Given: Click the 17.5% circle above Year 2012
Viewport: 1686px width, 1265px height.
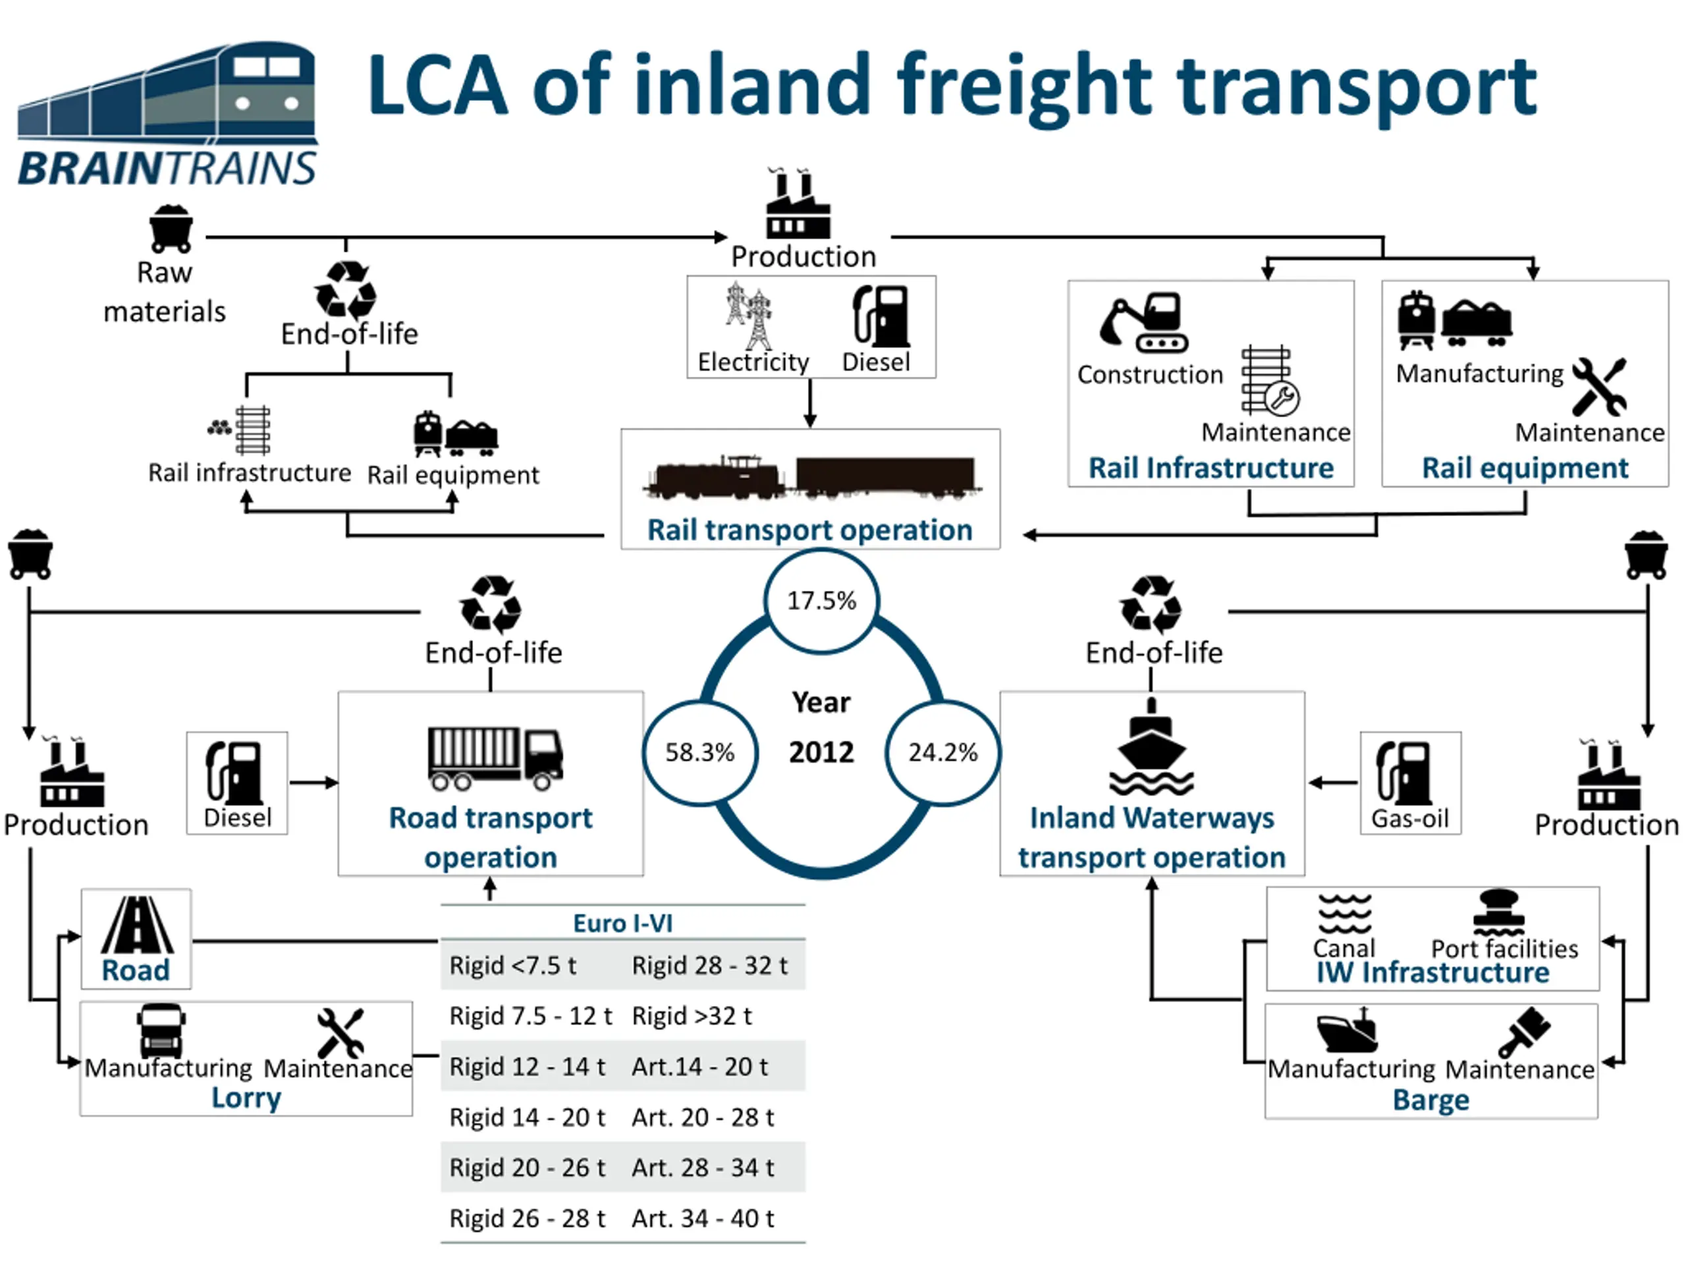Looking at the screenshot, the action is pos(822,601).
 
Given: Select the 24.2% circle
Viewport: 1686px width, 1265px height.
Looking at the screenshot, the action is pos(943,752).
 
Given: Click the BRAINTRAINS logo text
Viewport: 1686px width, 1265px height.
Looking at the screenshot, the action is pos(167,169).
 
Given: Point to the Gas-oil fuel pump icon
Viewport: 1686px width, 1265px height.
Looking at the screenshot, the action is pos(1403,773).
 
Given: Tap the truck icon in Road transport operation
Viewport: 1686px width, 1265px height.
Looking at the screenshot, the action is pos(495,758).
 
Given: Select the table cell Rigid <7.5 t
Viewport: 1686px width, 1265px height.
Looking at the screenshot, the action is pos(513,965).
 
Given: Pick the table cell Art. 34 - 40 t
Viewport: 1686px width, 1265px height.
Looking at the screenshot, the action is pos(703,1218).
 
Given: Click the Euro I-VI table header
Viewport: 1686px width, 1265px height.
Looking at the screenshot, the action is pos(623,924).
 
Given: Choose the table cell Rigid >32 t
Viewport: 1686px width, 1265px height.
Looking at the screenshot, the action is pos(692,1016).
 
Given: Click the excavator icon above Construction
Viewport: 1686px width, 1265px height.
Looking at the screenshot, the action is pos(1144,323).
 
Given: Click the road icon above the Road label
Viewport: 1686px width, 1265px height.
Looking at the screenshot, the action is pos(137,925).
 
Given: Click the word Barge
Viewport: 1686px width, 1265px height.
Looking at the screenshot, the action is pos(1430,1100).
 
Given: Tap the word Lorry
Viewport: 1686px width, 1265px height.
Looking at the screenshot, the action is pos(246,1098).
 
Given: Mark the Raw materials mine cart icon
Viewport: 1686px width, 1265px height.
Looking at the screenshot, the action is pos(171,229).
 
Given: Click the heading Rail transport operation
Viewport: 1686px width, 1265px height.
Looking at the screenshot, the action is pos(809,530).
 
